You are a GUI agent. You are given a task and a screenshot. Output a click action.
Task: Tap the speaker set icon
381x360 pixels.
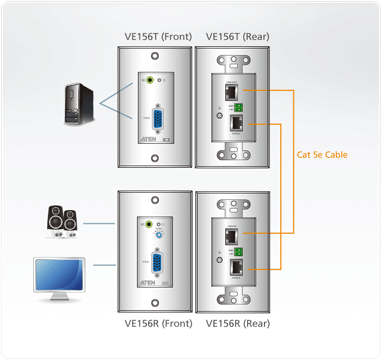tap(62, 222)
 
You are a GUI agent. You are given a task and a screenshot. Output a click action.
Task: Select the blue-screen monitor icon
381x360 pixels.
tap(60, 278)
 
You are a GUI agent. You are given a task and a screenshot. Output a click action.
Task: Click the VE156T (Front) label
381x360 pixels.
tap(158, 37)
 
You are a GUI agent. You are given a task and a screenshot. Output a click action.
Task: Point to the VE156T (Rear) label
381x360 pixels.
tap(237, 37)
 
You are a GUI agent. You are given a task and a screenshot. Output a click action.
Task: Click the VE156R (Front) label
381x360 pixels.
tap(158, 323)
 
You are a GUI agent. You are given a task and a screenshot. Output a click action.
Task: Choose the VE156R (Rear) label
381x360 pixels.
tap(238, 323)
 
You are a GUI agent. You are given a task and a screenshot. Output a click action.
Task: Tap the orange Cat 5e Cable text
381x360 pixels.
tap(322, 155)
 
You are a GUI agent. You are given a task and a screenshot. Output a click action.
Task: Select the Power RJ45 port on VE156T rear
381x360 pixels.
tap(237, 124)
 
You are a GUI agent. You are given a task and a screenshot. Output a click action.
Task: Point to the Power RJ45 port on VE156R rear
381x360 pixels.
tap(237, 267)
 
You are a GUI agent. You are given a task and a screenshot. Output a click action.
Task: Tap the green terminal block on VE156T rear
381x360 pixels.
tap(238, 107)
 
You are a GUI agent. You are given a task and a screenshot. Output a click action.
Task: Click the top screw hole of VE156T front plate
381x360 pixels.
tap(155, 57)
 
